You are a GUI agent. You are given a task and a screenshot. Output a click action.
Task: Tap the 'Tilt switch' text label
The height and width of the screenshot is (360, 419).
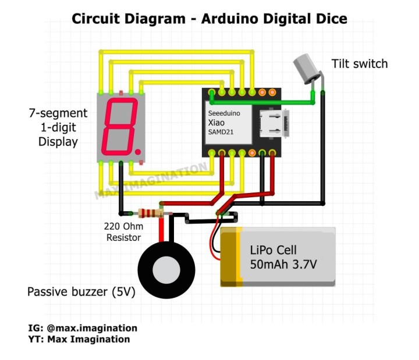click(359, 63)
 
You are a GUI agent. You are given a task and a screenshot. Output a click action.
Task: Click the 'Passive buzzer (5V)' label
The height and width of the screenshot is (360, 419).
click(81, 292)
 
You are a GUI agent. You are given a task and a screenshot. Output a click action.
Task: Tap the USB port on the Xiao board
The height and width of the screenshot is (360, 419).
click(272, 122)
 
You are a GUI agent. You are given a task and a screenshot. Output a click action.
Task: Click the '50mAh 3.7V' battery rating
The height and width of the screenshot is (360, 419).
click(283, 265)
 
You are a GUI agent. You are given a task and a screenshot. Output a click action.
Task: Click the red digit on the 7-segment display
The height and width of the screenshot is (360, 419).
click(120, 124)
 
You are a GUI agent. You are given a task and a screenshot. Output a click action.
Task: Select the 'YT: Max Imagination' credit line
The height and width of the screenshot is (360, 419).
click(79, 339)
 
